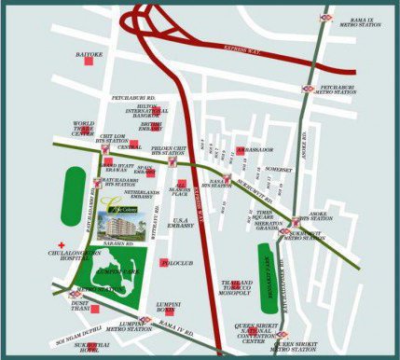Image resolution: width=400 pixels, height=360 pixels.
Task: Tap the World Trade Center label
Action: [83, 128]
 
